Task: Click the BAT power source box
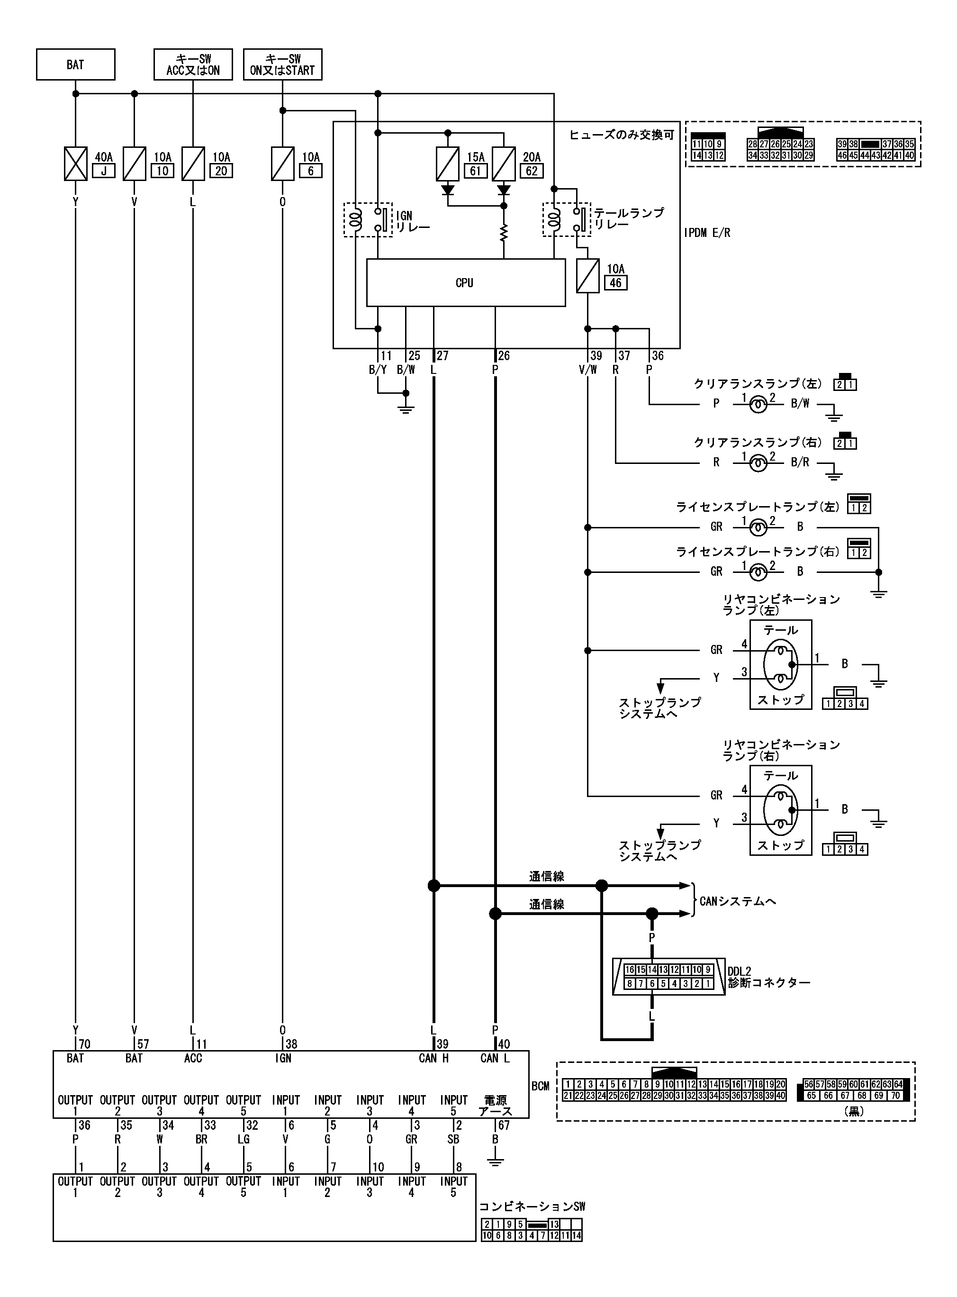pos(75,64)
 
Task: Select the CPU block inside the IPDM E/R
pos(465,283)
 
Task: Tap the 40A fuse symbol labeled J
pos(75,164)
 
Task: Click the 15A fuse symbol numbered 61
pos(447,164)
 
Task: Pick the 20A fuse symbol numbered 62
pos(504,164)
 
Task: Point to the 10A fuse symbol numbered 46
pos(587,276)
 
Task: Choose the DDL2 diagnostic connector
pos(668,978)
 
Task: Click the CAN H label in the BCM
pos(434,1058)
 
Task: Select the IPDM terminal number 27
pos(442,356)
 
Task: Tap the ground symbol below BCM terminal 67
pos(495,1161)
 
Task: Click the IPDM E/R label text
pos(707,233)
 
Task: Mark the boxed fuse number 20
pos(221,171)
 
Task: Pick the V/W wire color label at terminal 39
pos(587,370)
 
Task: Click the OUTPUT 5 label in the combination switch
pos(244,1187)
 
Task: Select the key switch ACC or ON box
pos(193,64)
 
